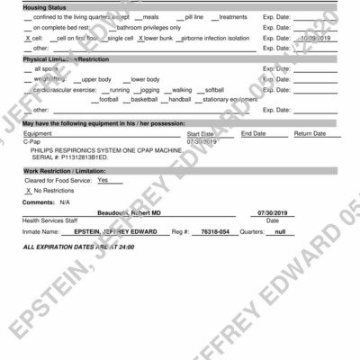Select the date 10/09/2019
(318, 40)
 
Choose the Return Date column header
(310, 133)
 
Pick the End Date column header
(253, 133)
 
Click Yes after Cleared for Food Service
(103, 180)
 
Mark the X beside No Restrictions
(28, 191)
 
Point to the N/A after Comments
(64, 202)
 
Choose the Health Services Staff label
(50, 220)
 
